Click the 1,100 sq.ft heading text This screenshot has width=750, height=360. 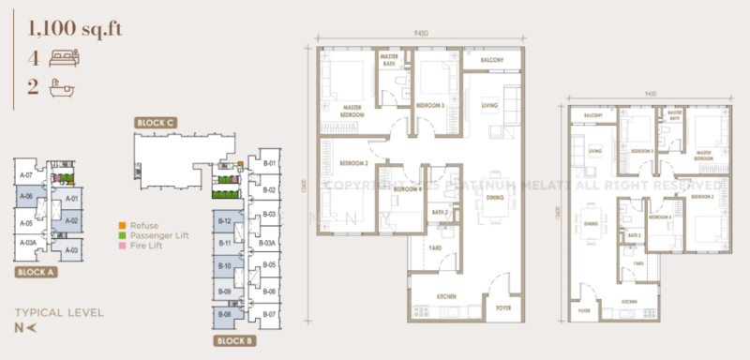click(75, 25)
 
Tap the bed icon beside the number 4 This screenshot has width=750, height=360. click(65, 57)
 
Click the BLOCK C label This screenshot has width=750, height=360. click(156, 123)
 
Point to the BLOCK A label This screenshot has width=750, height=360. click(37, 272)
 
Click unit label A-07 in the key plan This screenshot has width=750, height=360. click(26, 175)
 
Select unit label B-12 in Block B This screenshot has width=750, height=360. click(225, 221)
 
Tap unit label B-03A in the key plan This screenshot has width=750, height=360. click(268, 243)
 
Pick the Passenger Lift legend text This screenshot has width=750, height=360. click(158, 235)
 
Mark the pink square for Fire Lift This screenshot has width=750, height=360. click(122, 246)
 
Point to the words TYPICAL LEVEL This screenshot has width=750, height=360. click(59, 312)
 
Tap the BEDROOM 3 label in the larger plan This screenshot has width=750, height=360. click(429, 106)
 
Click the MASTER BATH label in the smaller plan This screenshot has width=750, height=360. click(673, 114)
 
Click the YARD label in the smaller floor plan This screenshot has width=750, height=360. click(638, 265)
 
